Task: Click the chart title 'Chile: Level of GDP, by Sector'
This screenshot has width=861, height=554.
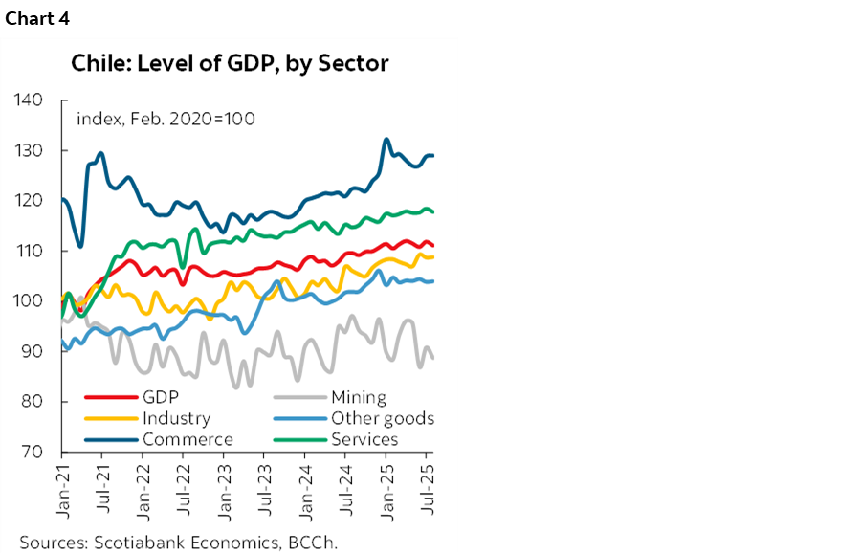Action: [x=230, y=64]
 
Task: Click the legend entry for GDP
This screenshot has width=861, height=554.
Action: [x=161, y=397]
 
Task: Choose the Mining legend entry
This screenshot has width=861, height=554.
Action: [x=358, y=397]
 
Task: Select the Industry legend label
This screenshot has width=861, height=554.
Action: [x=176, y=418]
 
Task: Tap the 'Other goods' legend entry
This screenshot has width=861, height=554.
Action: [x=382, y=418]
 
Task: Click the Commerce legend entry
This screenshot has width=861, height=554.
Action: [x=188, y=439]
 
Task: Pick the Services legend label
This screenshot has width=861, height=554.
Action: [x=364, y=439]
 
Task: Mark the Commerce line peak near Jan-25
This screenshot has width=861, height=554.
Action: [x=386, y=140]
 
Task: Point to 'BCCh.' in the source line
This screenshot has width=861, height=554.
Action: [x=312, y=542]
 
